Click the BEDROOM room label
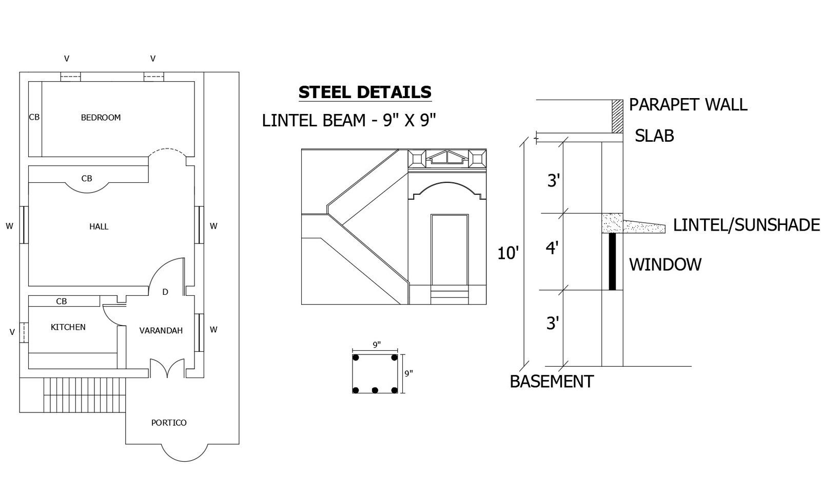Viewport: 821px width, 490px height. click(x=101, y=118)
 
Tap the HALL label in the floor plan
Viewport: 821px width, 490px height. click(x=99, y=227)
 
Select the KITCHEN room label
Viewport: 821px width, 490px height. click(x=68, y=327)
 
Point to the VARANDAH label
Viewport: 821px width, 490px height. click(x=161, y=331)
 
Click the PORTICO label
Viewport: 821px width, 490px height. click(x=168, y=423)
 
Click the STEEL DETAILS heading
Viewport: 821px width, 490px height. click(x=364, y=92)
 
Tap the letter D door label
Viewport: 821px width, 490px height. click(x=165, y=292)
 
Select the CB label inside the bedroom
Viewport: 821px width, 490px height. click(x=34, y=117)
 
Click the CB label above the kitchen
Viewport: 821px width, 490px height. click(x=61, y=301)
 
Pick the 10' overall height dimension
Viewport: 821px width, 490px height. click(x=508, y=253)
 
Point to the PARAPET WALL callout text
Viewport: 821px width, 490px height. click(x=688, y=105)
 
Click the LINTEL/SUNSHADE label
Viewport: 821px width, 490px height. click(x=746, y=225)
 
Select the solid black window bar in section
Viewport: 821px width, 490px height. click(x=612, y=262)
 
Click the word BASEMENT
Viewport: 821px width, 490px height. click(x=551, y=382)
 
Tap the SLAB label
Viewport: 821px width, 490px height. click(x=654, y=136)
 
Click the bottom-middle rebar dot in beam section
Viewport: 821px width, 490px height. click(x=375, y=390)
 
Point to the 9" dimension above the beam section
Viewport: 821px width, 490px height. click(x=377, y=345)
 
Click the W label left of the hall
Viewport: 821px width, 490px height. click(x=9, y=226)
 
